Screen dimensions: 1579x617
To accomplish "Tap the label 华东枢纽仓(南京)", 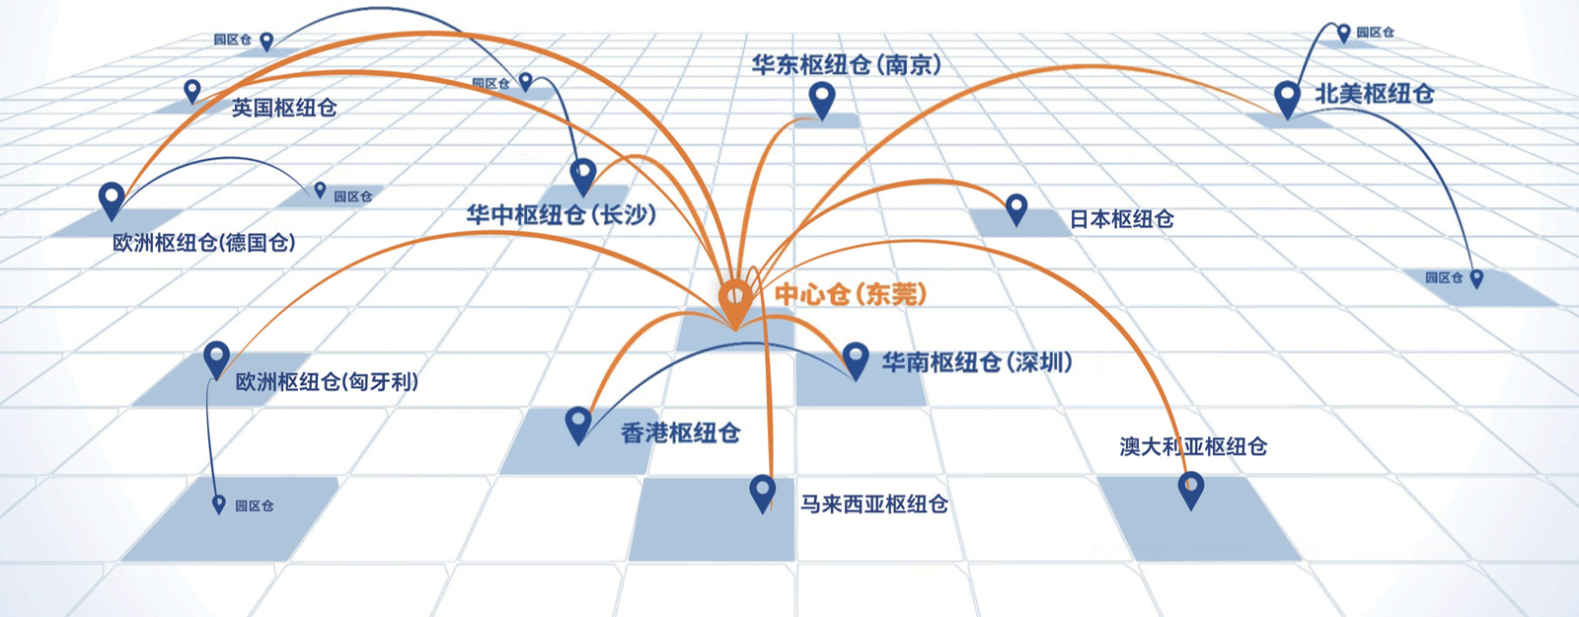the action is click(x=846, y=65).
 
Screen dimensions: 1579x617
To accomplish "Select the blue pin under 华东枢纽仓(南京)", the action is click(x=822, y=101).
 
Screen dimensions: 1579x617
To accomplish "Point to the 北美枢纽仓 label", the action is click(x=1374, y=94).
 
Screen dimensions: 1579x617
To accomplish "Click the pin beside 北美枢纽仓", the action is click(x=1287, y=100).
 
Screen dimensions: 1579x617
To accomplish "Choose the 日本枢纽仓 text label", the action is click(x=1122, y=219).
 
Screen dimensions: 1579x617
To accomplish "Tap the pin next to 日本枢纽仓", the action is click(x=1016, y=210).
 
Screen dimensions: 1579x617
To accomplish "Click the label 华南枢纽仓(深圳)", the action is click(x=977, y=362).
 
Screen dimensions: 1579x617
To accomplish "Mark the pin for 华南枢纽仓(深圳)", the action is click(x=856, y=360).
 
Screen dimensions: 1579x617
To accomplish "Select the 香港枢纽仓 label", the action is click(x=680, y=432).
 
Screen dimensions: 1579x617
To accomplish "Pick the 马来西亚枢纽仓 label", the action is click(x=874, y=504).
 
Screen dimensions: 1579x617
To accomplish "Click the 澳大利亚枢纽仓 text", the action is click(x=1193, y=446).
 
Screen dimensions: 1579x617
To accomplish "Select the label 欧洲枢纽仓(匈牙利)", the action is click(x=327, y=382).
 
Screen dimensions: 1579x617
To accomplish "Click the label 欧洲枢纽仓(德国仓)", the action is click(x=204, y=243).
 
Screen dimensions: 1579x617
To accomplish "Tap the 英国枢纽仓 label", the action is click(x=284, y=108).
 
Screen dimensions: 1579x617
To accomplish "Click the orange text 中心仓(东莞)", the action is click(x=851, y=294).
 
